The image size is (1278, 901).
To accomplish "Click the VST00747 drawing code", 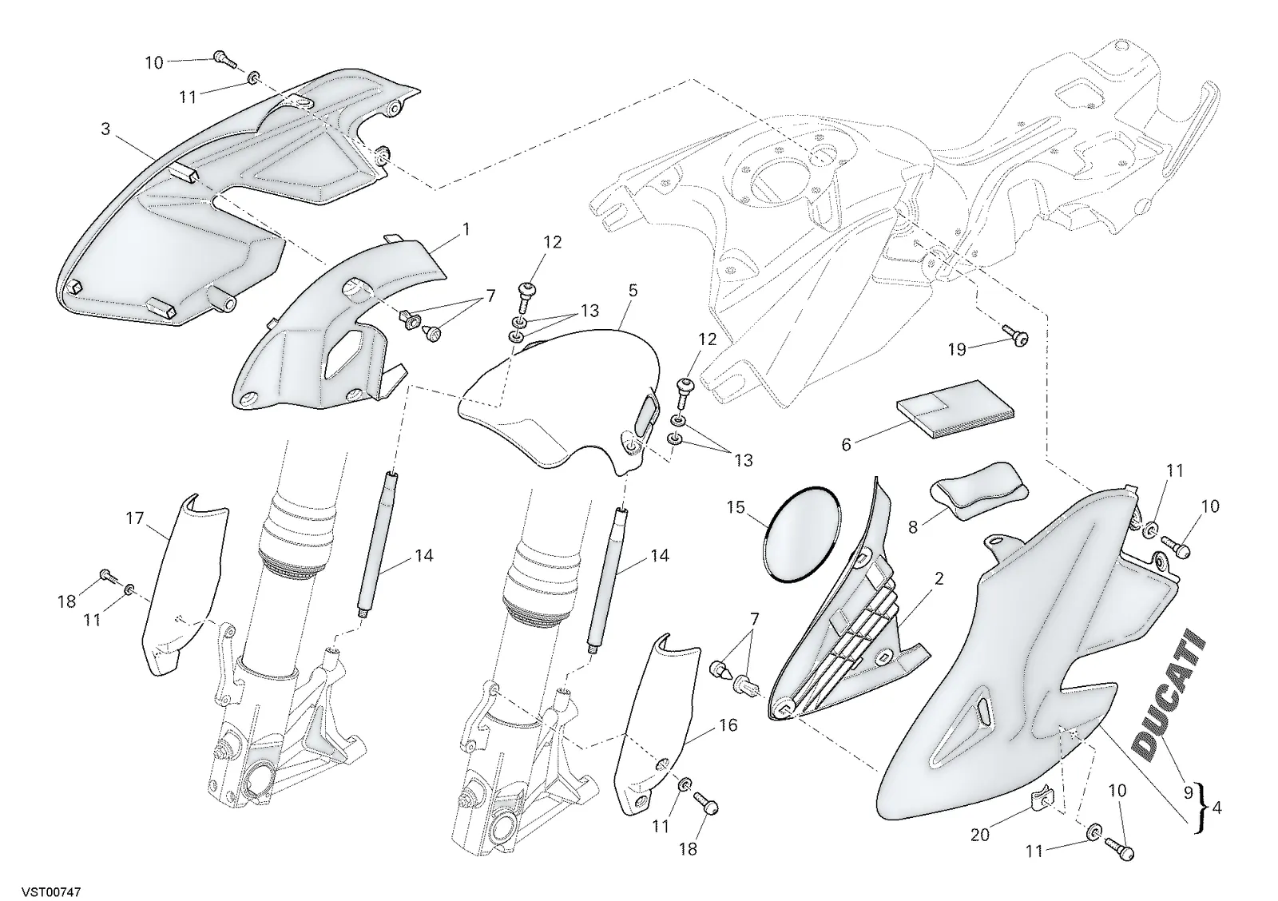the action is (51, 891).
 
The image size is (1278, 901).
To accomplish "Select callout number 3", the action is (105, 129).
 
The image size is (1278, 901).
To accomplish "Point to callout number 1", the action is (466, 229).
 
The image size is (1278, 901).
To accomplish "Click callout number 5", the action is (633, 291).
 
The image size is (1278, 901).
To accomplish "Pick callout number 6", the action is (846, 444).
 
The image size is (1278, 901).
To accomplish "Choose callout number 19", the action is (957, 350).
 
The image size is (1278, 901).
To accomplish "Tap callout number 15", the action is (736, 507).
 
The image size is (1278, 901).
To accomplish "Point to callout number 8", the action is (913, 528).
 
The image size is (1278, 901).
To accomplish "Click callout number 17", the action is (135, 518).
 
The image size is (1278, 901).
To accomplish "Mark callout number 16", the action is (728, 725).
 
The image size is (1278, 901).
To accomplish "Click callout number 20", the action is (979, 836).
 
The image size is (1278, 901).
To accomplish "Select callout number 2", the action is (939, 579).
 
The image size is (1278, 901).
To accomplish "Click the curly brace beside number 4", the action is (1197, 808).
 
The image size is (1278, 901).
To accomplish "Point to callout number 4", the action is (1216, 808).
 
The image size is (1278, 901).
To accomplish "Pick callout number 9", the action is (1189, 792).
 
